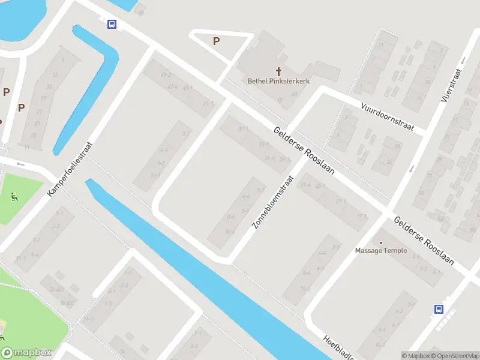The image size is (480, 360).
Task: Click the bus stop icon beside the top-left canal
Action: [112, 24]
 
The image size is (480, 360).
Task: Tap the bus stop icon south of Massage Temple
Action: [439, 310]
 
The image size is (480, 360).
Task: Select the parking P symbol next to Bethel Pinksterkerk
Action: [217, 41]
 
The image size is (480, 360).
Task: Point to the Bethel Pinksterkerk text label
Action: [279, 80]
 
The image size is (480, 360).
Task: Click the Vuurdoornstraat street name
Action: [388, 116]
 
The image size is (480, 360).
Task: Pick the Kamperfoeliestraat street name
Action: [71, 170]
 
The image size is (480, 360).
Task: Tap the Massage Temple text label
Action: [380, 251]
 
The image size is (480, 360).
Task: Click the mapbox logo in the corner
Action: [26, 352]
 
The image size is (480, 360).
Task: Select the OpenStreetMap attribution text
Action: [455, 356]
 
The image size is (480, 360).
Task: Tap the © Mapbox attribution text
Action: [416, 356]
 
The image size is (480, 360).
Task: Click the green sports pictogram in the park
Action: [14, 196]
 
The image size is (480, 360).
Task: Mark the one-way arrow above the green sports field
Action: [20, 164]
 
